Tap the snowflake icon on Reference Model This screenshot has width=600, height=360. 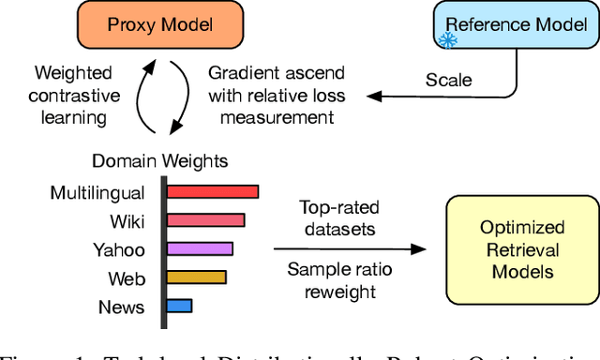(x=449, y=39)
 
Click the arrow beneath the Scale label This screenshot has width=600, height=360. (x=441, y=94)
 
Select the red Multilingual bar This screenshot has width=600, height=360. (x=215, y=192)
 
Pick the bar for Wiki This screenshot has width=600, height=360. (x=207, y=220)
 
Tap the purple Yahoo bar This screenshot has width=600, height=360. (x=202, y=248)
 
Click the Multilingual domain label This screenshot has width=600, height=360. (x=97, y=193)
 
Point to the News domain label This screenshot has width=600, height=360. (x=122, y=307)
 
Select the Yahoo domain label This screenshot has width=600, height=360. (x=118, y=249)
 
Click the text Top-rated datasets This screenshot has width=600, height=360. (x=338, y=218)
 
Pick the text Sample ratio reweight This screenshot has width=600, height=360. (x=338, y=282)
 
